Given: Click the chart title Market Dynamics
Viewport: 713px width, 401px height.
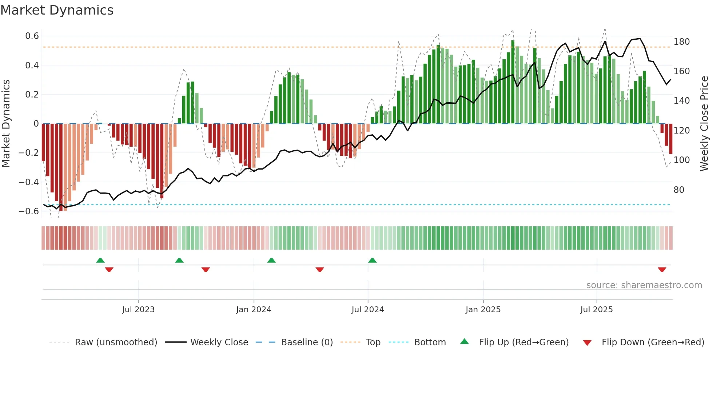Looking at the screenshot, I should point(57,10).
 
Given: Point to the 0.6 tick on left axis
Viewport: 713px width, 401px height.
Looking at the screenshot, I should point(32,36).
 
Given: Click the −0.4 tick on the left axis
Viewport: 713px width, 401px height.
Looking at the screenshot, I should point(29,182).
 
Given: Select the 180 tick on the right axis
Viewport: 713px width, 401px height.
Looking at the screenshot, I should point(681,42).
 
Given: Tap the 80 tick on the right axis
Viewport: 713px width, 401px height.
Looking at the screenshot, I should point(679,190).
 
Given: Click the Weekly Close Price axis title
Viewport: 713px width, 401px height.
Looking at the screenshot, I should point(704,124).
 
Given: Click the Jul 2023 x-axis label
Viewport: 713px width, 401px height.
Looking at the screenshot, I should point(138,310).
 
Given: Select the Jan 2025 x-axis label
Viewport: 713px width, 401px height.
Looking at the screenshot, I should point(483,310).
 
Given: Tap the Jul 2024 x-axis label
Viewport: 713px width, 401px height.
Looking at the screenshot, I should point(367,310).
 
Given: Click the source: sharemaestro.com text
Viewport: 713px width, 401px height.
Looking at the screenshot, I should point(644,285).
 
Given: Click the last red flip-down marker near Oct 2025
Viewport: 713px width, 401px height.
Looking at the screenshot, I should point(662,270).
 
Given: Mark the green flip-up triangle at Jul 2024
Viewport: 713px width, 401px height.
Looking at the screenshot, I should point(372,260).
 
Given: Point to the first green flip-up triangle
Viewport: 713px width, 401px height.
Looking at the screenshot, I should point(100,260).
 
